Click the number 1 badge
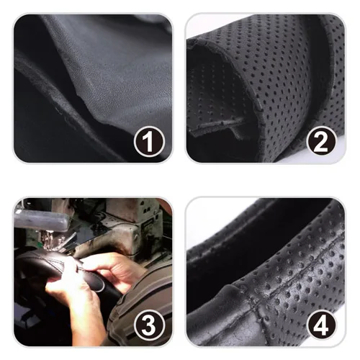[x=149, y=141]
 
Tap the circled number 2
[x=321, y=141]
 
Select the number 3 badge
[x=149, y=325]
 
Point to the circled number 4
[x=321, y=325]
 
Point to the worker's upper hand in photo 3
[x=113, y=269]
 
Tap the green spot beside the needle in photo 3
[x=41, y=244]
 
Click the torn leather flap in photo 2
[x=216, y=126]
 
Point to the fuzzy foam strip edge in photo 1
[x=60, y=96]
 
